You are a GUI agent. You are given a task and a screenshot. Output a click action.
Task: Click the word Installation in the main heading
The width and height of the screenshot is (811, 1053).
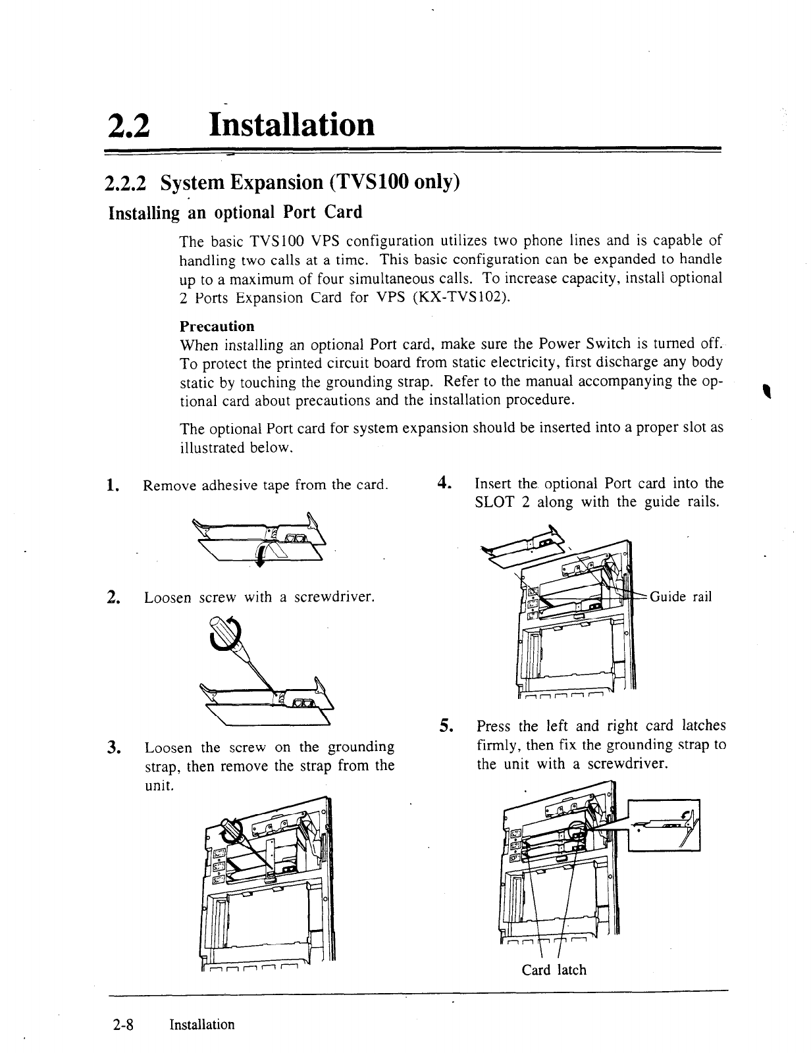290,124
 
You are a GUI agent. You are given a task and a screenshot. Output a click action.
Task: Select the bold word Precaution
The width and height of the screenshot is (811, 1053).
217,326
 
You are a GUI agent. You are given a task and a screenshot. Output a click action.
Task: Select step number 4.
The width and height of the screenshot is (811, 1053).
444,484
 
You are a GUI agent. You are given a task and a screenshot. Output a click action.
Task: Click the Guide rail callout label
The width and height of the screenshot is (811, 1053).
681,597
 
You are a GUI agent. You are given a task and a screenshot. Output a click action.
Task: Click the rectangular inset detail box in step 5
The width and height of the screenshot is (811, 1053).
664,825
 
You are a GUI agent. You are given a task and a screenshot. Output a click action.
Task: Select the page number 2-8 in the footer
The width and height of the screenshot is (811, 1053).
123,1025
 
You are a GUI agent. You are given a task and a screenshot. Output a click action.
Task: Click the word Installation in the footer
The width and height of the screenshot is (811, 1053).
201,1025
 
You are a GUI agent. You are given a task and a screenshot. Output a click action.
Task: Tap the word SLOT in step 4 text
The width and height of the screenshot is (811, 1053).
494,503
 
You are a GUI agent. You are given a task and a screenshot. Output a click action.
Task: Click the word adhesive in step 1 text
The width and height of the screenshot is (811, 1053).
227,486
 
